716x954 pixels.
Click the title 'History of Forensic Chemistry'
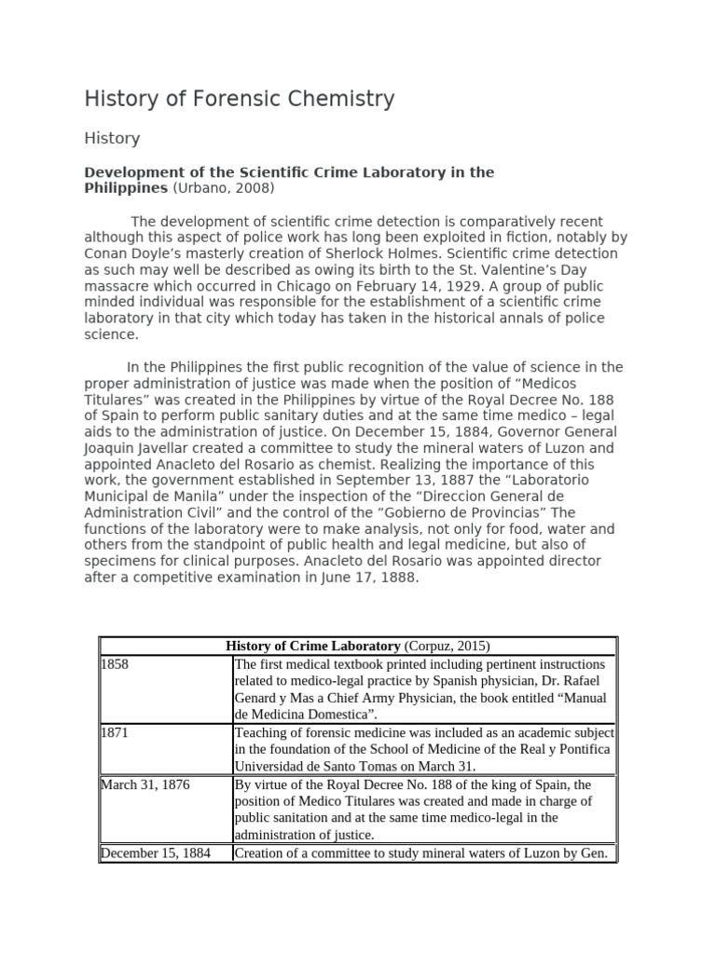(x=240, y=99)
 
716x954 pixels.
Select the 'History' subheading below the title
(x=112, y=139)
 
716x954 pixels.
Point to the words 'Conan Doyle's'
(x=131, y=253)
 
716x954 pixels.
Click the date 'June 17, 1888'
(x=379, y=577)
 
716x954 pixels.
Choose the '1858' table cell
(x=116, y=664)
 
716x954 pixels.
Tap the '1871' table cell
(x=116, y=733)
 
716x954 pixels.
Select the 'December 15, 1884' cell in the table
(x=155, y=852)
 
